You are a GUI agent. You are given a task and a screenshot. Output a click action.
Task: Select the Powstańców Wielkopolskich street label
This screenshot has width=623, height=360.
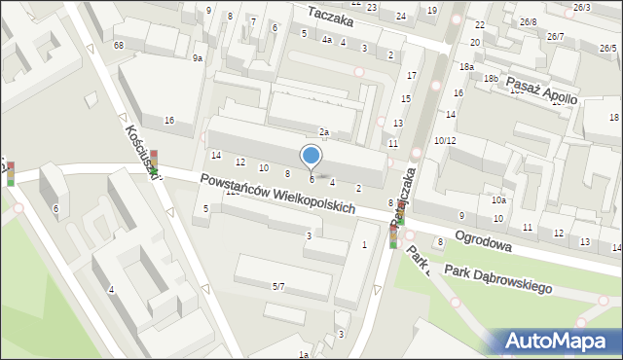click(x=277, y=195)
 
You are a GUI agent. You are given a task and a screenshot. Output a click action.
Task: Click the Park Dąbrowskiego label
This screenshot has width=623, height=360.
click(x=497, y=280)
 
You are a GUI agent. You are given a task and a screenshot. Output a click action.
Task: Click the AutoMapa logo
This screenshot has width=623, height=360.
click(x=559, y=341)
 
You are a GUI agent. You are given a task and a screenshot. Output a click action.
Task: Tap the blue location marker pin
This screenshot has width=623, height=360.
click(x=311, y=157)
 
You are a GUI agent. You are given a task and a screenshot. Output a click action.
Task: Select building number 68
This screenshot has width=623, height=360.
click(x=119, y=46)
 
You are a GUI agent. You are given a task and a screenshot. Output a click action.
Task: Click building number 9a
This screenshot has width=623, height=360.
click(x=198, y=58)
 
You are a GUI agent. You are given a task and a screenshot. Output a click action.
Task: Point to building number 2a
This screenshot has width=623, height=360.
click(x=324, y=132)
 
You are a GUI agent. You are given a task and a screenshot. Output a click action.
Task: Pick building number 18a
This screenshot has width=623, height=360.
click(x=466, y=66)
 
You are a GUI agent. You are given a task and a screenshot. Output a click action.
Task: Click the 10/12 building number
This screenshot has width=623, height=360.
click(x=445, y=141)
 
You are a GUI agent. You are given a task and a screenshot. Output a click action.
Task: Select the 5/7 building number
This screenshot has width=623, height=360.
click(x=278, y=286)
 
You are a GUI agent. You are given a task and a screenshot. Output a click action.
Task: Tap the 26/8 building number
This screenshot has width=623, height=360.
click(x=528, y=21)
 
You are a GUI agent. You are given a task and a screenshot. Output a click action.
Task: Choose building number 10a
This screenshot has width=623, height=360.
click(x=498, y=199)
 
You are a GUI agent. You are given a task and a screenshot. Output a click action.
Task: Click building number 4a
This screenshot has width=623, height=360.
click(x=327, y=40)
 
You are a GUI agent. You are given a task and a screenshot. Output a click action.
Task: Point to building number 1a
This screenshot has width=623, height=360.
click(x=304, y=353)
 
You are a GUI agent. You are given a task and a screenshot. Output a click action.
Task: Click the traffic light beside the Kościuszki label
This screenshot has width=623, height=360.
click(x=153, y=162)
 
